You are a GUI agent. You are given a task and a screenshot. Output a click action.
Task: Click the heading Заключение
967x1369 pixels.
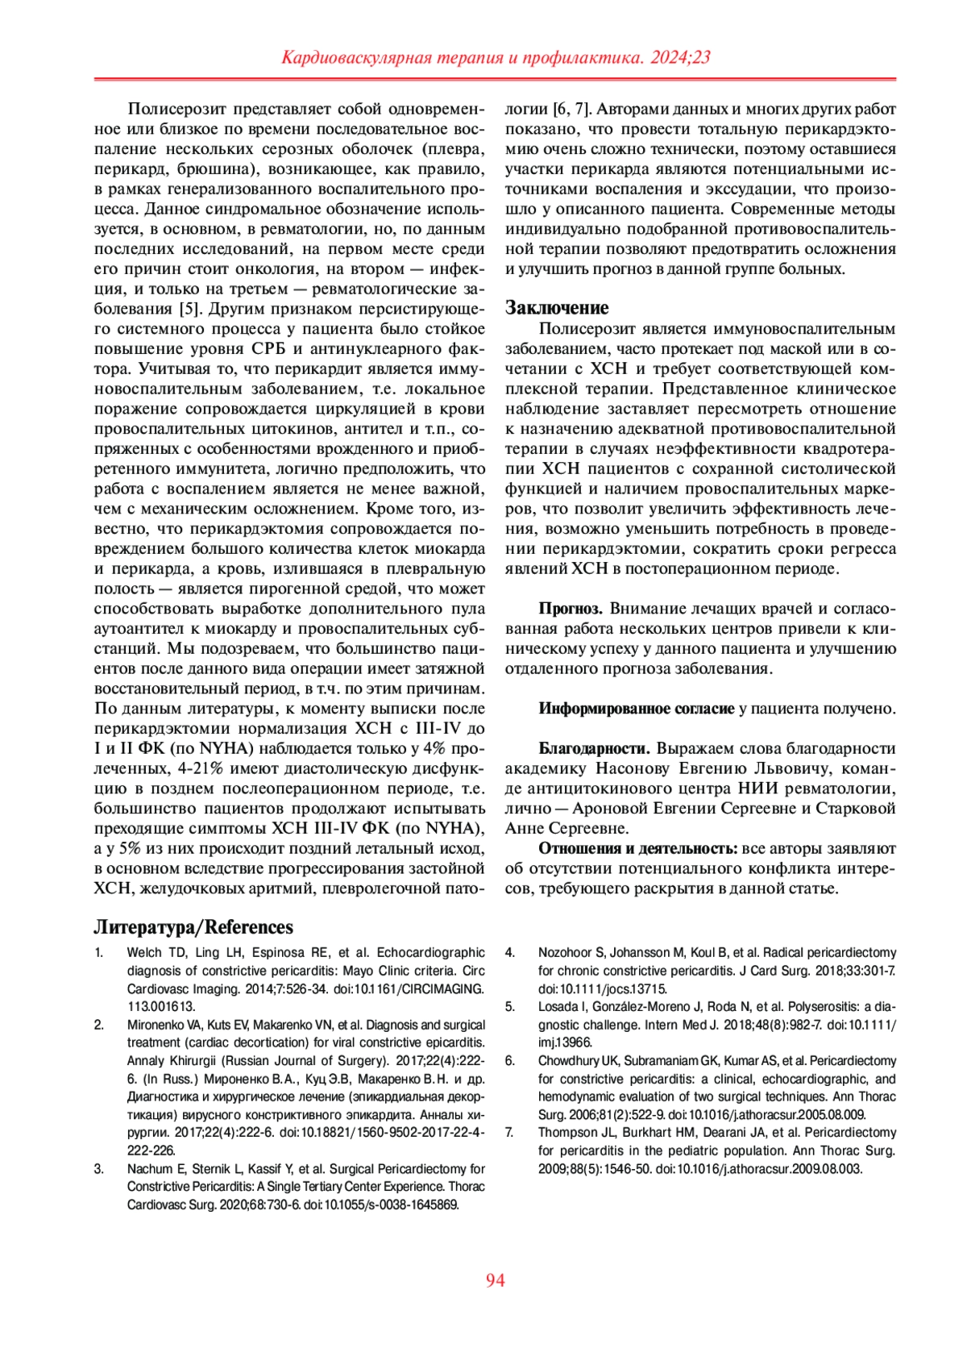tap(557, 308)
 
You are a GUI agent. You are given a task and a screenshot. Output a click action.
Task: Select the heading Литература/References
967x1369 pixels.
tap(193, 927)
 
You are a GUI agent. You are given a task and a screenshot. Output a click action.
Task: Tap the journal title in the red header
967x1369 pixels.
tap(495, 57)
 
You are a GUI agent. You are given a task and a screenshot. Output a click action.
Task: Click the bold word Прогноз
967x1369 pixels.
tap(571, 609)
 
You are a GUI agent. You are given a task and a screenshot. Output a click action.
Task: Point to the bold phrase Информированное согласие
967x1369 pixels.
tap(637, 709)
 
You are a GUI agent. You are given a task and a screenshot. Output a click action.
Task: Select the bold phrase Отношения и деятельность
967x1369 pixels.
tap(638, 848)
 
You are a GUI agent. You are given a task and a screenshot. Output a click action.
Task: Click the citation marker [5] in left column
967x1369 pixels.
tap(189, 309)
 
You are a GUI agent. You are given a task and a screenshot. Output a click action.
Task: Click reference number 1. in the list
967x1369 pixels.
tap(99, 953)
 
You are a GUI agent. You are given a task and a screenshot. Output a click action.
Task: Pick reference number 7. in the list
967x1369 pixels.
tap(509, 1133)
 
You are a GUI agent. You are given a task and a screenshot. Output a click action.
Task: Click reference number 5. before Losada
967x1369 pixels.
tap(509, 1007)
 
